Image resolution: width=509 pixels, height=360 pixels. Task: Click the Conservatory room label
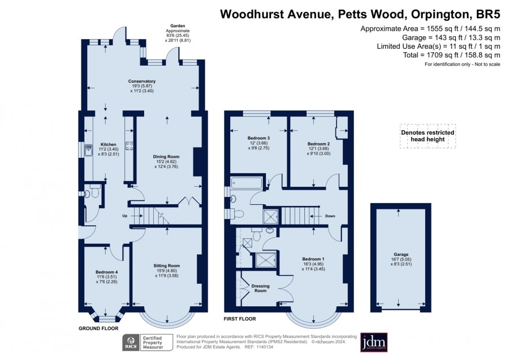coord(142,82)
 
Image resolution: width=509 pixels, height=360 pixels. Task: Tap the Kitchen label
coord(109,144)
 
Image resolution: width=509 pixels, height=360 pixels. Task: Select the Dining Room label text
coord(166,157)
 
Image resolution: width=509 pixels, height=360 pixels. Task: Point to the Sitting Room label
coord(166,266)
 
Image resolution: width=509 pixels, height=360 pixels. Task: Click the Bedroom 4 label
coord(107,272)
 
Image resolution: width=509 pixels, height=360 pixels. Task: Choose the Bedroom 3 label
coord(258,138)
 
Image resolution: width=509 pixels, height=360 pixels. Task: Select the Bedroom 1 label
coord(313,259)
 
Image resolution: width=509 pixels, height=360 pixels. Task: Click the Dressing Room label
coord(260,288)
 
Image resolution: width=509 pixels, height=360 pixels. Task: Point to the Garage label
coord(401,254)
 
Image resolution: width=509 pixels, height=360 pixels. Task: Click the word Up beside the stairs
coord(124,216)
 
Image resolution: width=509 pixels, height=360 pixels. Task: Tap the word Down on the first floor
coord(330,216)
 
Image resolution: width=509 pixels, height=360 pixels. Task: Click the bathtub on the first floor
coord(247,183)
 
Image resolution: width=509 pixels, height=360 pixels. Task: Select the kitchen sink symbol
coord(88,150)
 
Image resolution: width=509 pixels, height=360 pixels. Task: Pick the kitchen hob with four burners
coord(129,146)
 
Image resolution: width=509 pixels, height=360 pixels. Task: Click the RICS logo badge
coord(131,342)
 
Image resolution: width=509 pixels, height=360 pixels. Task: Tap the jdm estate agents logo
coord(374,342)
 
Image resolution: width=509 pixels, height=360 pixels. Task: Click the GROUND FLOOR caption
coord(98,328)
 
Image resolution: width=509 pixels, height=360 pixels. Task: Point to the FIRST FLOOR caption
coord(240,319)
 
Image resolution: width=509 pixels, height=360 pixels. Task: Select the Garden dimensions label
coord(178,33)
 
